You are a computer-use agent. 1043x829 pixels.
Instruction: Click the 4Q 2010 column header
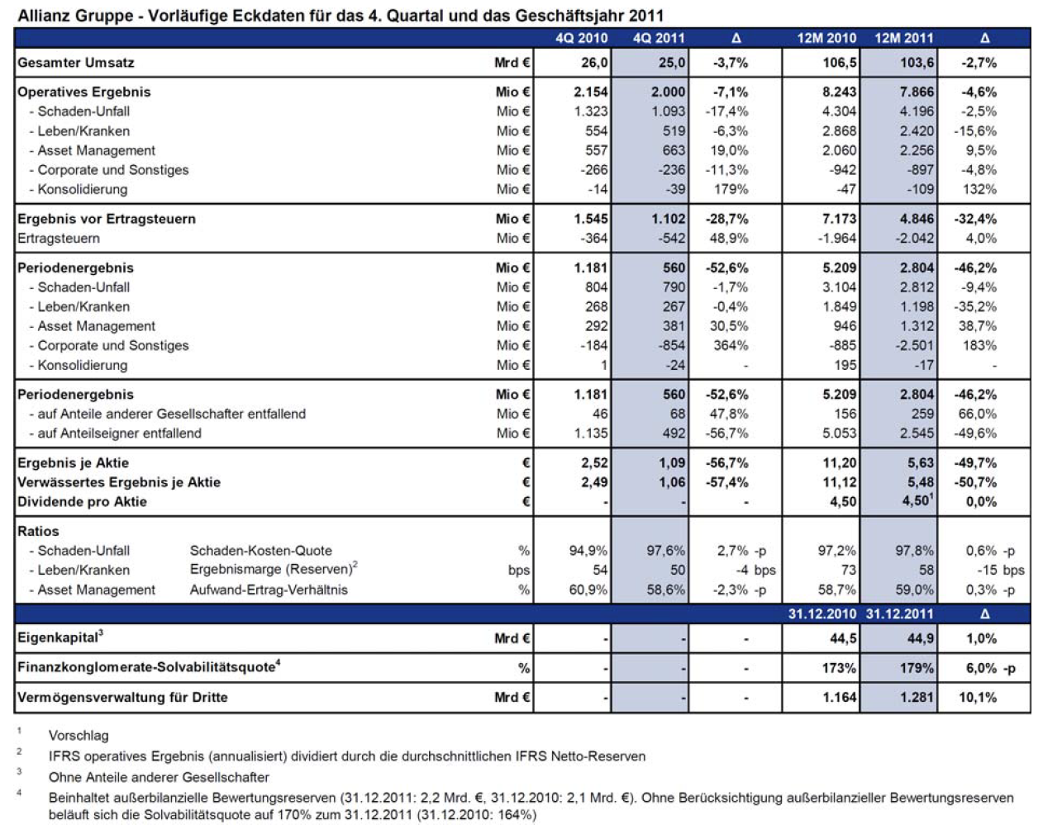[581, 38]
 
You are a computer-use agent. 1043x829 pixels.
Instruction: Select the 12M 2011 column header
[904, 38]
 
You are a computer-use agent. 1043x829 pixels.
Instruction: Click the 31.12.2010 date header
[822, 614]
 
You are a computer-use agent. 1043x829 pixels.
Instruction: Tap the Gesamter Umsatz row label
[75, 63]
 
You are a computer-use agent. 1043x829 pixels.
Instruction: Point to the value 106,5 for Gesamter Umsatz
[840, 63]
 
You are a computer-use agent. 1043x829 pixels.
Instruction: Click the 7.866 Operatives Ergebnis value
[917, 92]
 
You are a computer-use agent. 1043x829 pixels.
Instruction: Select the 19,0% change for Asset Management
[729, 150]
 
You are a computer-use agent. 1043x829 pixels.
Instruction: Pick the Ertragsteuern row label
[59, 239]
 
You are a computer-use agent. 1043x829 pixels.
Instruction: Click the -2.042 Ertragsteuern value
[914, 239]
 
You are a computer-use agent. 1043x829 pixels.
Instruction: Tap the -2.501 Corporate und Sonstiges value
[914, 346]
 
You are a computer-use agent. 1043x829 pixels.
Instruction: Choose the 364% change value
[731, 346]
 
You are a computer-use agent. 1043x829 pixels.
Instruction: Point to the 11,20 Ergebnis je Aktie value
[840, 463]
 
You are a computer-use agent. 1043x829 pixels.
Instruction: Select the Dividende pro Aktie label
[82, 502]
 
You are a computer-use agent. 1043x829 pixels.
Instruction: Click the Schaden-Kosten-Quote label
[261, 551]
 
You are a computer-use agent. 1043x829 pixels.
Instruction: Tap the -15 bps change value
[1000, 571]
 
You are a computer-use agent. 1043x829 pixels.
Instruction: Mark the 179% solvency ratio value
[917, 668]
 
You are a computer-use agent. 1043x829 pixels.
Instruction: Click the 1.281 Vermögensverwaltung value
[917, 697]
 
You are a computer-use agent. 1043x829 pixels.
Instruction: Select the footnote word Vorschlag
[79, 736]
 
